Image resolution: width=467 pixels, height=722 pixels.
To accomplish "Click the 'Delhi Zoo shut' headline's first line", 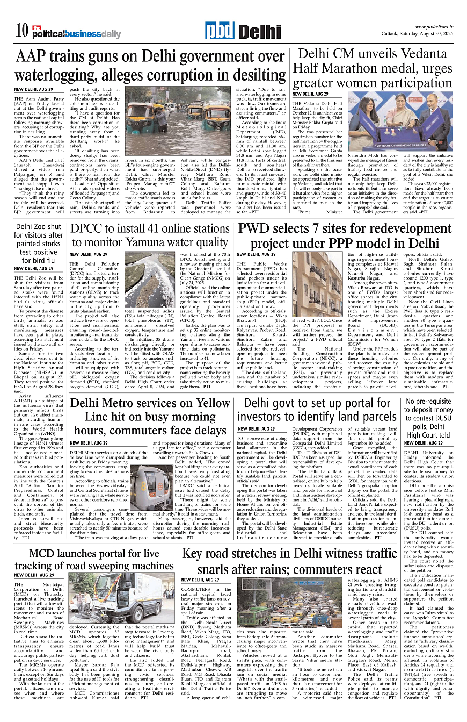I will click(x=39, y=227).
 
